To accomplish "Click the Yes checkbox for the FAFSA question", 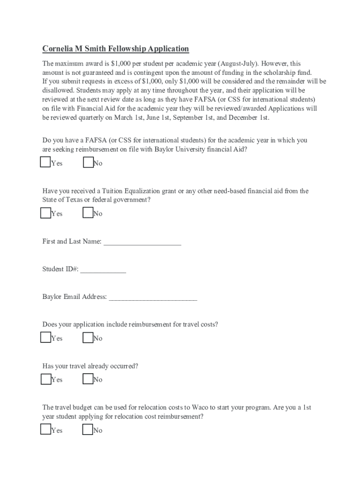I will (45, 162).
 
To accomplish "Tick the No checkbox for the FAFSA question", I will (87, 162).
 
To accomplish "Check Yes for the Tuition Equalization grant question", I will (45, 213).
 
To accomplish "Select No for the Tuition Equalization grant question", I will (87, 213).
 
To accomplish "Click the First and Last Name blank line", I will (142, 242).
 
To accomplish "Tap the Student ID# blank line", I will (103, 270).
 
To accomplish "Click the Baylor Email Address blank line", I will (153, 298).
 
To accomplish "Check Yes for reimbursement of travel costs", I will (45, 337).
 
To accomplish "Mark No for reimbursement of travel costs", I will (87, 337).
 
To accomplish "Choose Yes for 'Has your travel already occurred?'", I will (45, 379).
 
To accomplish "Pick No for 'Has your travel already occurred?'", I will (87, 379).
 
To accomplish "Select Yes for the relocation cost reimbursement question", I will (45, 429).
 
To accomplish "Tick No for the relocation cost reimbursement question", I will (87, 429).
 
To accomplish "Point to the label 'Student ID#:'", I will (60, 269).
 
